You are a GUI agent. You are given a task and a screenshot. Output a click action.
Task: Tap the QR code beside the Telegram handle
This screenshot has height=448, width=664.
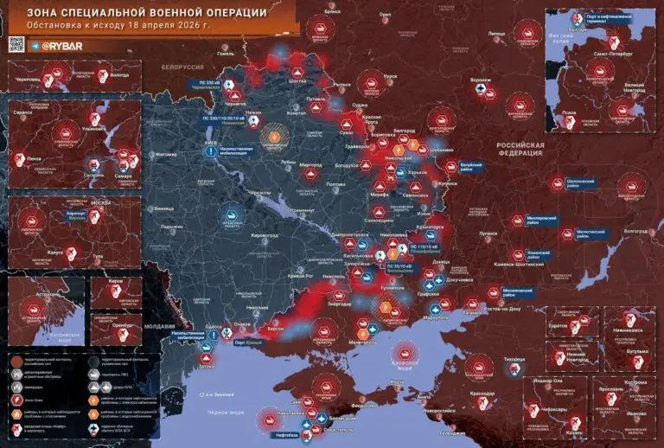point(14,45)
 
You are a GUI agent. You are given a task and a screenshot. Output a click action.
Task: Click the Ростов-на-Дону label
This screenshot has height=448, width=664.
point(503,309)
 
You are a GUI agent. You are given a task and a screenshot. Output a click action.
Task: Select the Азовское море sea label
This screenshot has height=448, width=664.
point(406,354)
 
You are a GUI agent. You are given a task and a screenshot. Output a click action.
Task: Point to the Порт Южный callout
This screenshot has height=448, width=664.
point(252,342)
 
